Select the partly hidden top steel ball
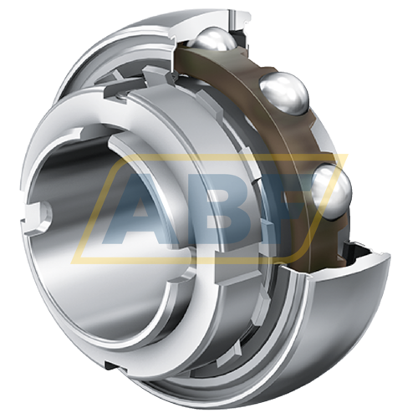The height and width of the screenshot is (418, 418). point(216,42)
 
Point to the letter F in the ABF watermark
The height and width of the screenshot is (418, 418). point(297,209)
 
